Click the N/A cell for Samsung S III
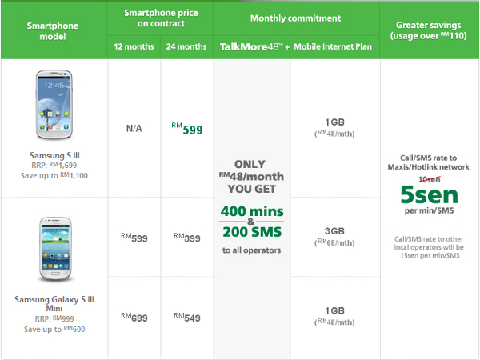134,129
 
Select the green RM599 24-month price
187,129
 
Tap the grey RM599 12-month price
134,238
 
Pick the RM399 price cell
187,238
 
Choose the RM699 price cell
134,318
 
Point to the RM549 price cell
187,318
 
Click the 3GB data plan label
334,231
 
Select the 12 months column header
134,46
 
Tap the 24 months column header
186,46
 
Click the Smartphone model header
53,31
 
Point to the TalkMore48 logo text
250,47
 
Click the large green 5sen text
429,195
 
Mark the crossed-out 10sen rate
429,179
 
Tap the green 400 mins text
252,211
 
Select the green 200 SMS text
252,232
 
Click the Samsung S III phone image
54,105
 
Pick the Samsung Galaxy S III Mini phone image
55,249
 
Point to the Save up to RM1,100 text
54,176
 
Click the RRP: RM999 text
54,318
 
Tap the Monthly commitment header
295,18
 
